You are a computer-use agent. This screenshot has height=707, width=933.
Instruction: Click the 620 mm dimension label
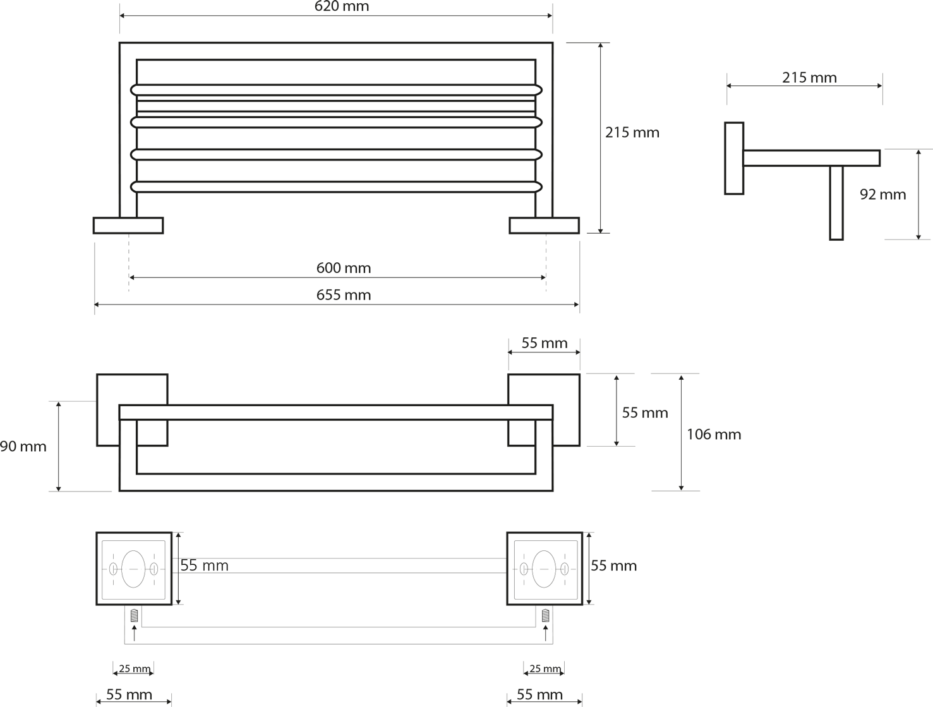342,6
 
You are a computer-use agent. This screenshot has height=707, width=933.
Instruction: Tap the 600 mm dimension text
344,268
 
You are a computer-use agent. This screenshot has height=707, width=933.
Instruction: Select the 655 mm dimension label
344,294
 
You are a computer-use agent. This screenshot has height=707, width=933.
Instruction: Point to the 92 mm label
882,195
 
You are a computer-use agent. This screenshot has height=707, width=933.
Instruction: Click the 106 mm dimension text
714,434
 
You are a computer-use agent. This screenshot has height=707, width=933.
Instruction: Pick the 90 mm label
23,447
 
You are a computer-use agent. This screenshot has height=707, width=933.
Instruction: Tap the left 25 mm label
135,668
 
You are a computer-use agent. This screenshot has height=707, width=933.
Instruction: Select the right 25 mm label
545,668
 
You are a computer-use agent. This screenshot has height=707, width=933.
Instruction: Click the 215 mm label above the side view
809,77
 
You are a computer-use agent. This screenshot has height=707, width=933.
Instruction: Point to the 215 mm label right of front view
632,132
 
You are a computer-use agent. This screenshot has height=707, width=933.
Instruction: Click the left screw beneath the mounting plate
135,615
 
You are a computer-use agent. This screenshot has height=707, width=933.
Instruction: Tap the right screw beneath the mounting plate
546,615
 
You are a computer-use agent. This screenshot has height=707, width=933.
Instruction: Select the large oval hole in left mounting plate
133,569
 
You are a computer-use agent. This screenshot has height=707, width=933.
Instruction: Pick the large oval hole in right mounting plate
544,569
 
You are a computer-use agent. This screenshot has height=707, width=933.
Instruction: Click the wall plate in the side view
734,159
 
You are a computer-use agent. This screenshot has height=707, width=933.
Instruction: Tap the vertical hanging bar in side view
836,203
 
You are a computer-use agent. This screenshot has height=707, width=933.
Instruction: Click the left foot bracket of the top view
128,226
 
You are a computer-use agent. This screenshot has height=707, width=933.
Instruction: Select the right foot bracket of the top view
544,226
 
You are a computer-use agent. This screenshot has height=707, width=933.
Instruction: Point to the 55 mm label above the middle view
544,342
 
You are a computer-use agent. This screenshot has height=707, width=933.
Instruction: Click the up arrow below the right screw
546,634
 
